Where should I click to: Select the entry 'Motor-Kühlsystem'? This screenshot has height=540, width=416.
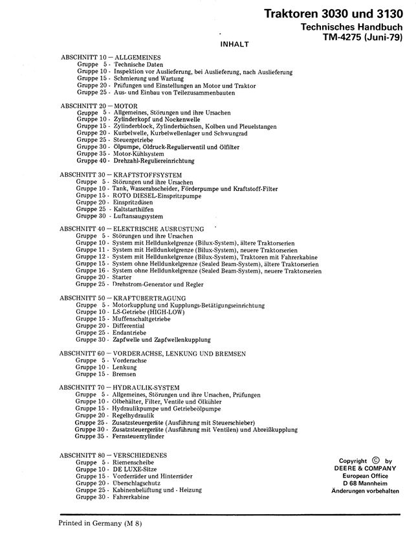click(138, 153)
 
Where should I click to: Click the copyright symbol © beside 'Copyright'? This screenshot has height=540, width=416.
click(376, 461)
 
